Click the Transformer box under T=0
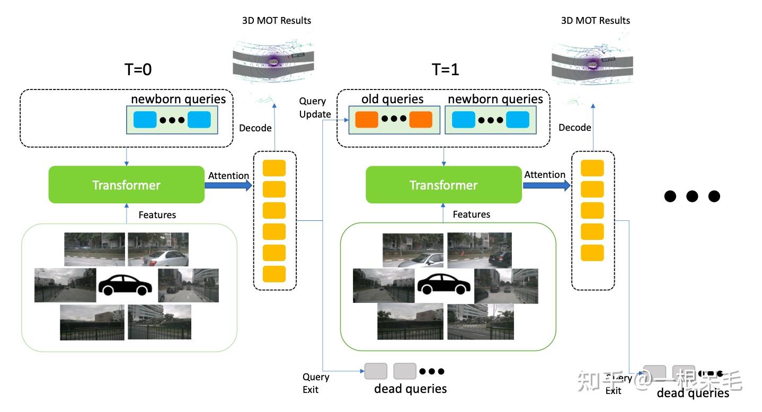click(126, 185)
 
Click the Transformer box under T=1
click(444, 185)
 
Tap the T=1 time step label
click(445, 69)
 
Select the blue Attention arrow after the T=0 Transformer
click(228, 185)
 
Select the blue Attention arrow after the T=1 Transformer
click(546, 185)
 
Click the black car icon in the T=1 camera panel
click(444, 285)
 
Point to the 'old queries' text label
click(392, 100)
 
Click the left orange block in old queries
click(366, 120)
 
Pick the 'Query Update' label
click(315, 108)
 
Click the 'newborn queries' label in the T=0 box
click(179, 100)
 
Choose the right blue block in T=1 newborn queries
click(517, 120)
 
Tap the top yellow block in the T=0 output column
click(274, 168)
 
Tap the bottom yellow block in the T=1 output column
click(592, 253)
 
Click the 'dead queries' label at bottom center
click(410, 389)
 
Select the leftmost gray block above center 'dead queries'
click(376, 371)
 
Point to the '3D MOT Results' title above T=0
click(277, 21)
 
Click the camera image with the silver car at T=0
click(158, 249)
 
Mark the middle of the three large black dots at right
click(692, 196)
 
